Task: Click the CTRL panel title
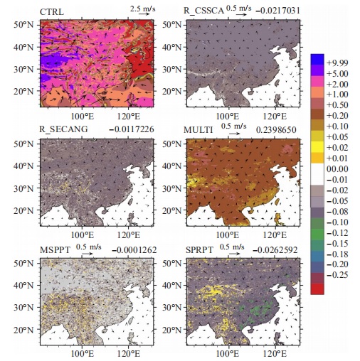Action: coord(52,12)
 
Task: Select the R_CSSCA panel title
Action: coord(203,11)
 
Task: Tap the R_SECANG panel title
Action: coord(63,129)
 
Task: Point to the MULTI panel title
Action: coord(198,130)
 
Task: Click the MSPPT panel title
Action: coord(55,250)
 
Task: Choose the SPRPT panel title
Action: coord(199,250)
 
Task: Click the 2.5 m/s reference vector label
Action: coord(143,9)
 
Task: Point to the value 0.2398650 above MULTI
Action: coord(276,130)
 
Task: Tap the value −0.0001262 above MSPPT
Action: coord(134,250)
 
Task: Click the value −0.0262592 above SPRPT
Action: coord(275,250)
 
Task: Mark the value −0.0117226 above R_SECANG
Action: coord(132,129)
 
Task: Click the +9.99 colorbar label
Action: coord(337,63)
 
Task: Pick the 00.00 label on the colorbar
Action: coord(337,169)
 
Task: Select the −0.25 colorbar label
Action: coord(337,275)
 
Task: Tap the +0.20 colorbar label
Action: coord(337,116)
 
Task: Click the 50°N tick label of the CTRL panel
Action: coord(23,25)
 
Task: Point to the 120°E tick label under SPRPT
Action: coord(275,354)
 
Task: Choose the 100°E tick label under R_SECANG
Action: coord(83,235)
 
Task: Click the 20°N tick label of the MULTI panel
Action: coord(171,210)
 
